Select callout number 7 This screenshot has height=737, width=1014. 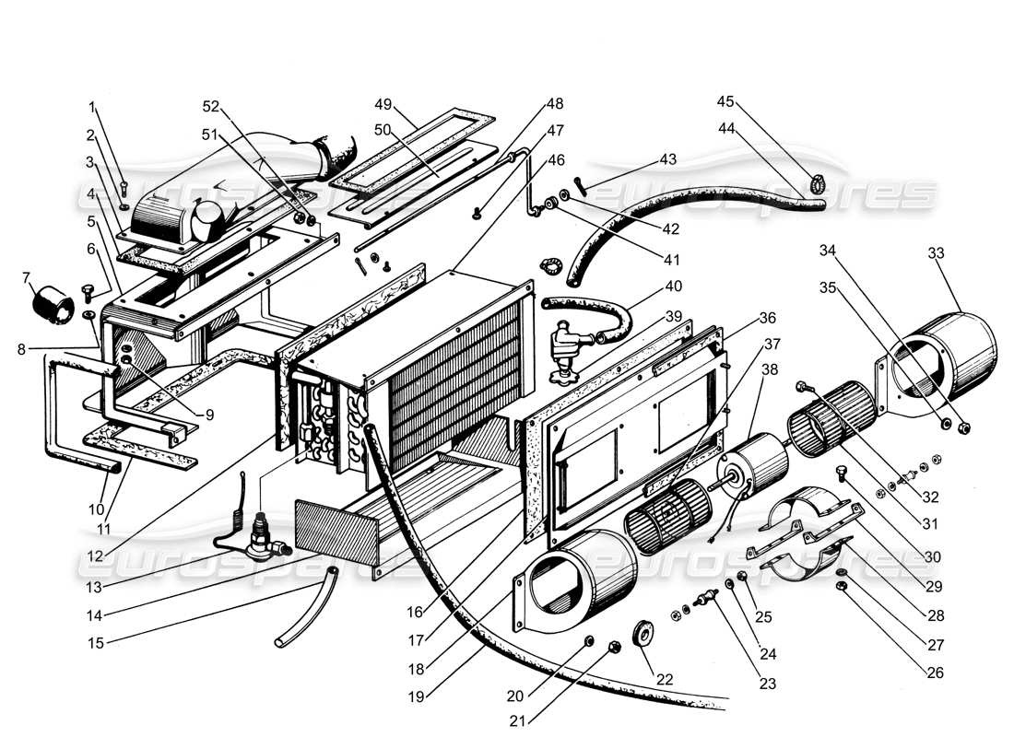pos(25,277)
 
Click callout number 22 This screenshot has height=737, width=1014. pos(665,679)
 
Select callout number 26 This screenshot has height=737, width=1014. pos(935,673)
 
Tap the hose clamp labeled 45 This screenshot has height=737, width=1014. pos(817,183)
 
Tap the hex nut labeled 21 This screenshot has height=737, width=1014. pos(615,649)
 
